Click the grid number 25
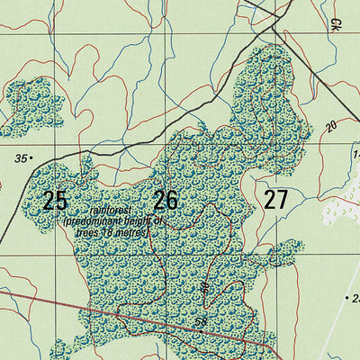pos(55,200)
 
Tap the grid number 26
pos(166,200)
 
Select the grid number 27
pos(275,200)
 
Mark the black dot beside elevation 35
pos(31,158)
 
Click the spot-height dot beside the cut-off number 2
pos(346,297)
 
